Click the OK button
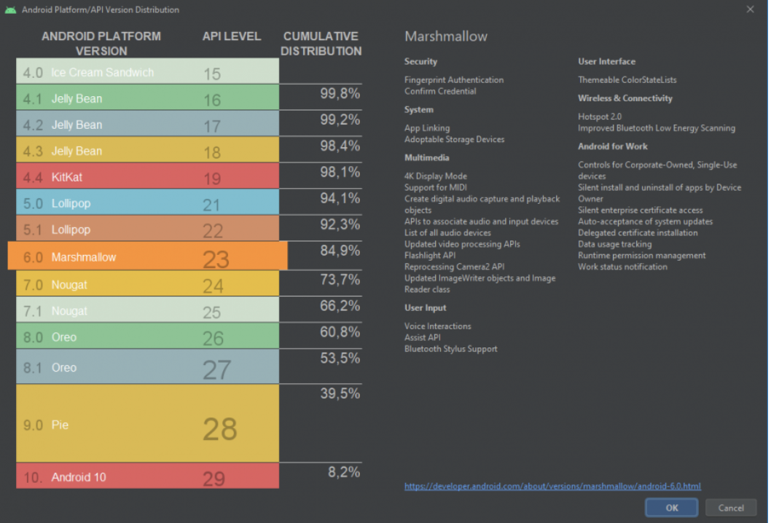click(x=671, y=508)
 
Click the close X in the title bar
click(x=751, y=9)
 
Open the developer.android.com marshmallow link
click(x=552, y=486)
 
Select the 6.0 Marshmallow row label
click(x=83, y=257)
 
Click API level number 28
click(x=219, y=429)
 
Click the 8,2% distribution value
click(x=344, y=472)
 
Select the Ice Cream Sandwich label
click(x=102, y=72)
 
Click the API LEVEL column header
click(x=231, y=36)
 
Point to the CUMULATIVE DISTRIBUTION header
click(x=321, y=44)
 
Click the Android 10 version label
click(x=78, y=477)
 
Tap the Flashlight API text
click(x=430, y=256)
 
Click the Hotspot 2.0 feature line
click(x=600, y=117)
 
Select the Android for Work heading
click(x=613, y=146)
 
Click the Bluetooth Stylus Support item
click(x=451, y=349)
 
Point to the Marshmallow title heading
click(x=446, y=36)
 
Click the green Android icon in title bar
click(x=10, y=9)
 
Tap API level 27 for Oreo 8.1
click(x=216, y=370)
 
